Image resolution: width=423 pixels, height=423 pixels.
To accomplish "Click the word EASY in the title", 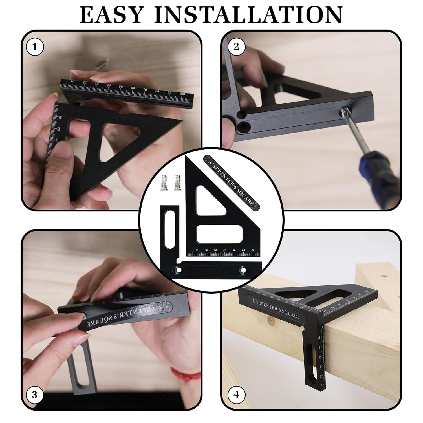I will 111,15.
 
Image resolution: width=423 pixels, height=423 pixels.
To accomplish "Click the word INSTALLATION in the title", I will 248,15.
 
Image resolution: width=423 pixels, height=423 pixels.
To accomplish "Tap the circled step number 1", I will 35,47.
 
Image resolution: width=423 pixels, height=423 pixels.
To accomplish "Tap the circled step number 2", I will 236,46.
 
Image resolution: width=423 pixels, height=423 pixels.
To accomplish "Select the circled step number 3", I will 34,395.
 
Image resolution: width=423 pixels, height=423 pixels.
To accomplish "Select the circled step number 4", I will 236,395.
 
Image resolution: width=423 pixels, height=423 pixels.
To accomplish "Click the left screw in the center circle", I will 164,184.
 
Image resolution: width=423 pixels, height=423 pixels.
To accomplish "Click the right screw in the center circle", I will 177,184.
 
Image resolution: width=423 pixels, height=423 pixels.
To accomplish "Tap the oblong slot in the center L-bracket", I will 169,229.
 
